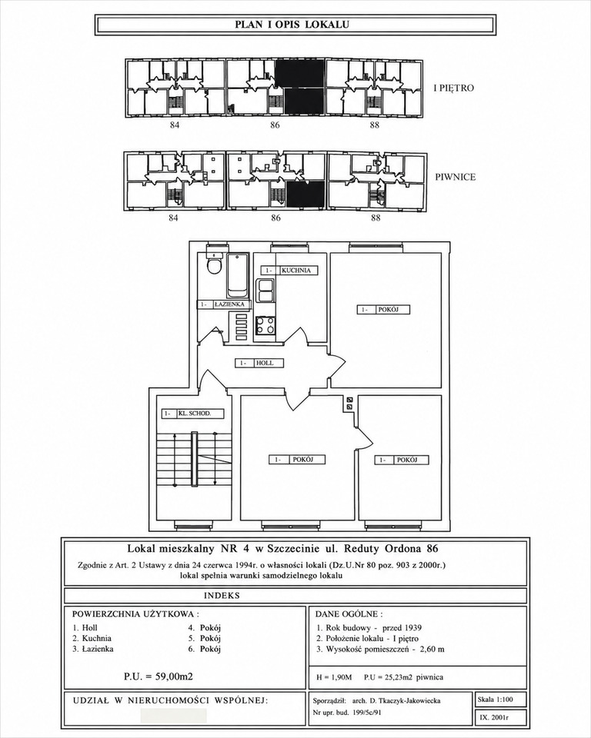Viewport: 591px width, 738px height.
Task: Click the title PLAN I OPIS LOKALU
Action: pyautogui.click(x=292, y=25)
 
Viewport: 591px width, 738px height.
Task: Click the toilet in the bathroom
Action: pyautogui.click(x=214, y=264)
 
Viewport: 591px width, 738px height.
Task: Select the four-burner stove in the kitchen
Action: pyautogui.click(x=265, y=325)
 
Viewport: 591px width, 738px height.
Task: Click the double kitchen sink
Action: pyautogui.click(x=265, y=291)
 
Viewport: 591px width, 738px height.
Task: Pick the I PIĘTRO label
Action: pyautogui.click(x=454, y=88)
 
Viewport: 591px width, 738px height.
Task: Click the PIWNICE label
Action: pyautogui.click(x=456, y=177)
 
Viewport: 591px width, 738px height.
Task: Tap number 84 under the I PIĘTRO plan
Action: pyautogui.click(x=174, y=125)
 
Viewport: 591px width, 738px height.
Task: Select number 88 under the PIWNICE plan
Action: pyautogui.click(x=376, y=218)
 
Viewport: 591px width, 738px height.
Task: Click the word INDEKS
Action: pyautogui.click(x=222, y=595)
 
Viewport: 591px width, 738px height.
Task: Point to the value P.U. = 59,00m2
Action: pyautogui.click(x=159, y=676)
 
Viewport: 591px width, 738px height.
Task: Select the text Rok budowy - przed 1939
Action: pyautogui.click(x=369, y=627)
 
